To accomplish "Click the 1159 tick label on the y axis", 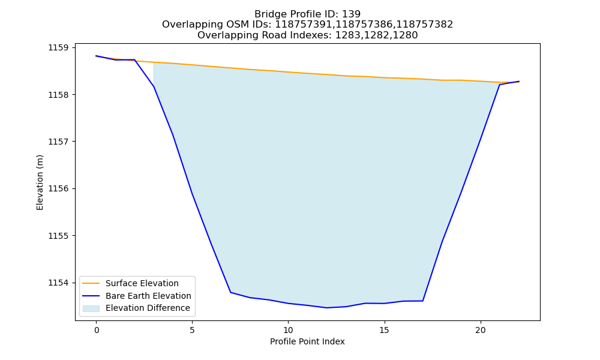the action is (x=58, y=48).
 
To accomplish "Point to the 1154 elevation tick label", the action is (x=58, y=283).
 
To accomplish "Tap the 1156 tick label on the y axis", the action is (x=58, y=189).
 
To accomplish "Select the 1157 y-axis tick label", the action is (x=58, y=142).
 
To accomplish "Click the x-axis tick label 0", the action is (x=97, y=330).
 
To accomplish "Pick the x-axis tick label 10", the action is (x=288, y=330).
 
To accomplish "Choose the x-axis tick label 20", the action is (x=480, y=330).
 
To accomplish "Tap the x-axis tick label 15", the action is (x=384, y=330).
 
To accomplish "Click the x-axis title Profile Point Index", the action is (x=307, y=341).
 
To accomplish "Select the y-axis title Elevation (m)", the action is (x=40, y=182).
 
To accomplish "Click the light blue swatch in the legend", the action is (x=91, y=308).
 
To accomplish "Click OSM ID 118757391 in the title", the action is (x=303, y=25).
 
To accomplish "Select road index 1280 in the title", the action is (x=405, y=35).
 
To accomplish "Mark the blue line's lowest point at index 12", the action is (x=327, y=308).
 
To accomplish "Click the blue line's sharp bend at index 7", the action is (x=231, y=292).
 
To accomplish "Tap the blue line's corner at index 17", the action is (x=423, y=301).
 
